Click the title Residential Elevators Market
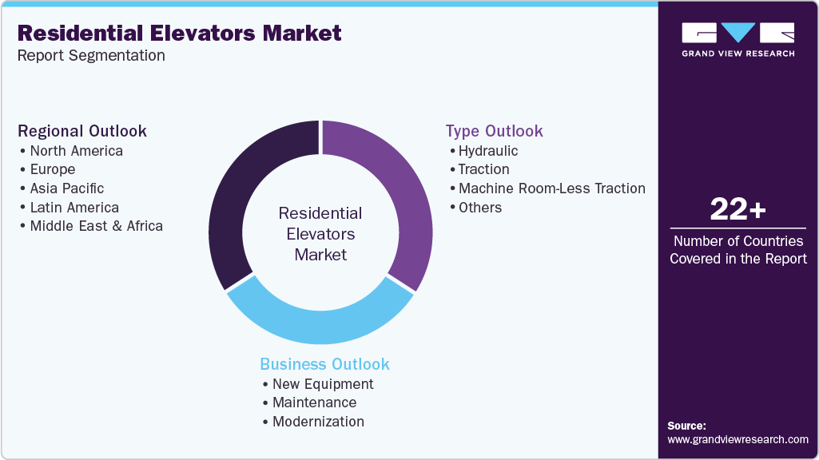click(179, 34)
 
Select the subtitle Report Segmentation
click(91, 56)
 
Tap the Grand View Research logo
click(737, 39)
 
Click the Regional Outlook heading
click(82, 131)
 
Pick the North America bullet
click(76, 150)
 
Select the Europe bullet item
click(53, 169)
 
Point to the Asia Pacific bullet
click(67, 188)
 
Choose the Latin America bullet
click(74, 208)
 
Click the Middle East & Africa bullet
click(96, 226)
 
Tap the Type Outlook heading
click(494, 131)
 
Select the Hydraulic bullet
click(487, 150)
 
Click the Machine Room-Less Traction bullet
click(551, 188)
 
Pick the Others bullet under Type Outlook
click(479, 208)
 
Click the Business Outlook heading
click(324, 364)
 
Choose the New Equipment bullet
click(323, 383)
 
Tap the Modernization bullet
click(318, 422)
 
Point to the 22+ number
click(737, 210)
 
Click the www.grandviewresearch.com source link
click(737, 439)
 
